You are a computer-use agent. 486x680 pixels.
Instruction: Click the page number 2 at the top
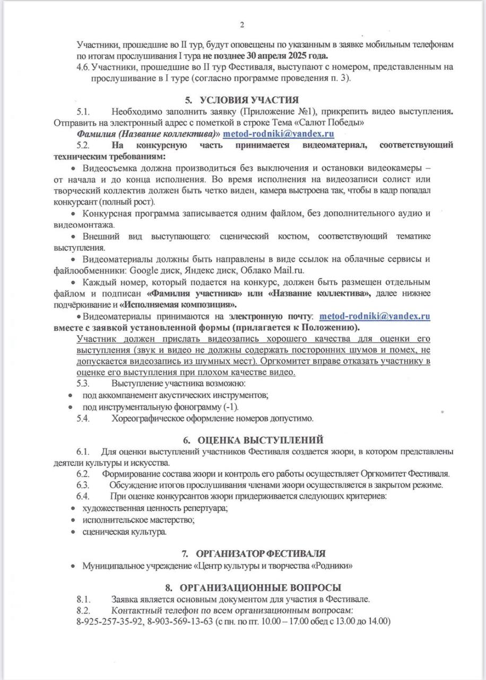click(242, 25)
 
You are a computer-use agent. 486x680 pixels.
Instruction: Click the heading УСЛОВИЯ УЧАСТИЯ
click(249, 99)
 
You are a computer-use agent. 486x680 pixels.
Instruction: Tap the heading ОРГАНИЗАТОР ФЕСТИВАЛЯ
click(261, 554)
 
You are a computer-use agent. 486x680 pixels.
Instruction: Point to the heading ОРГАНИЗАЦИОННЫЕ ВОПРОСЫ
click(260, 588)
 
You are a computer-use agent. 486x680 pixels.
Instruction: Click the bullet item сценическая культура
click(124, 532)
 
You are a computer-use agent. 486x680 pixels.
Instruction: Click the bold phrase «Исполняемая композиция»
click(178, 304)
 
